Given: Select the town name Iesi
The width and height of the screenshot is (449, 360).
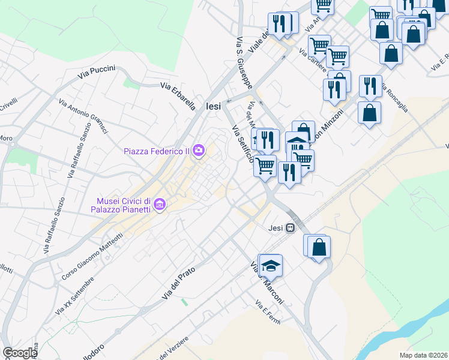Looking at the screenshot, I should pos(213,106).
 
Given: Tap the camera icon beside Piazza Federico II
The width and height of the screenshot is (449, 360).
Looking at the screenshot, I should pos(199,151).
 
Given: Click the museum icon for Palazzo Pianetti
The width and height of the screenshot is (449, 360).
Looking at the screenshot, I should pos(160,205).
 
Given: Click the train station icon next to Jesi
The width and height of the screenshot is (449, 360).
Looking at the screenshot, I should pos(291,228).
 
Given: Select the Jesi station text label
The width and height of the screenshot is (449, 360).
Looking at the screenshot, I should pos(275,228).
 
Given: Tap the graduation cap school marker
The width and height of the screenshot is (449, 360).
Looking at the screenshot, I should pos(271,265).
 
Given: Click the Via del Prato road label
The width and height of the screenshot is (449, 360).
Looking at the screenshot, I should pos(178,284).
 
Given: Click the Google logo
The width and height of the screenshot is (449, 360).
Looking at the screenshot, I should pos(20,353).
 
